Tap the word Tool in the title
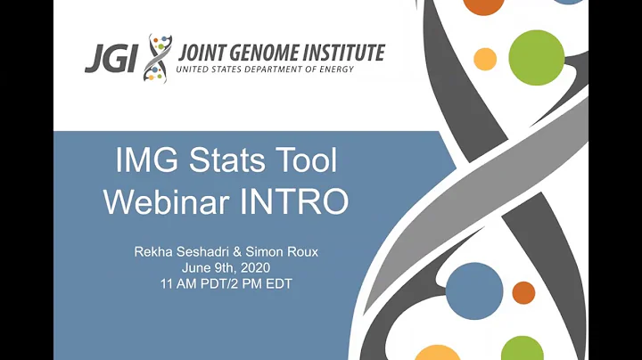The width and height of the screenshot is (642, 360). point(306,162)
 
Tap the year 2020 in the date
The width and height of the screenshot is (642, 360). point(252,267)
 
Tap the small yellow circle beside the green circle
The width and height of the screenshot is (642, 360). point(485,60)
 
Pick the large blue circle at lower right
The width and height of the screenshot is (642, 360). point(474,291)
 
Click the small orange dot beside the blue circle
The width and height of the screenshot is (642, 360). point(524,292)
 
